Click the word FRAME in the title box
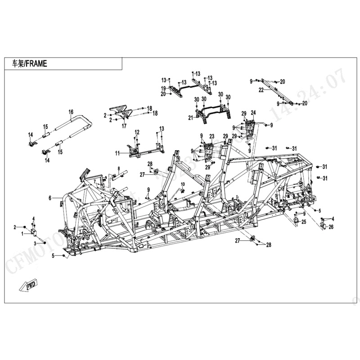[x=36, y=64]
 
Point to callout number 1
[x=22, y=234]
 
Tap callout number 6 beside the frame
[x=50, y=198]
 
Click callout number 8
[x=119, y=169]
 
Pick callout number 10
[x=183, y=185]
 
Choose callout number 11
[x=117, y=153]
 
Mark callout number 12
[x=137, y=132]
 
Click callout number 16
[x=71, y=112]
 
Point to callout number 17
[x=123, y=126]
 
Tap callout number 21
[x=190, y=118]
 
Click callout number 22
[x=261, y=90]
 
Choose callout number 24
[x=253, y=112]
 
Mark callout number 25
[x=304, y=222]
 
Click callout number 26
[x=331, y=227]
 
